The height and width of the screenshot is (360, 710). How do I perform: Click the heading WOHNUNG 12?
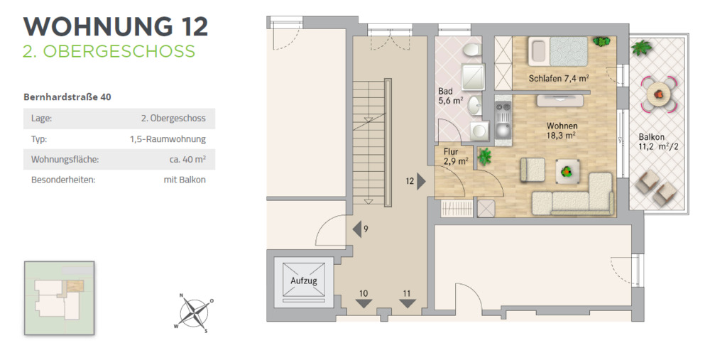click(116, 26)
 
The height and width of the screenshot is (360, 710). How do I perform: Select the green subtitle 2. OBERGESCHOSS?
click(109, 52)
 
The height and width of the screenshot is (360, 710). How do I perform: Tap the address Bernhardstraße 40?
click(67, 97)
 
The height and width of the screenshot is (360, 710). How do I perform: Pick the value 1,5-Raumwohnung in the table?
click(168, 139)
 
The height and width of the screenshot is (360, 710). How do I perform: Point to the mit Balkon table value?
click(185, 180)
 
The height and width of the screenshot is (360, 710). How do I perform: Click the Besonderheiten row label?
click(63, 180)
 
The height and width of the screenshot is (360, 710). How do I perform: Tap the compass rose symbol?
click(193, 312)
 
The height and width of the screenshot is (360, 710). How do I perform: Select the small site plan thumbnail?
click(59, 298)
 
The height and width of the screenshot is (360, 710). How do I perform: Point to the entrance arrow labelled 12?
click(421, 181)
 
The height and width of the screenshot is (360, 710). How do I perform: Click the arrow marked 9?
click(357, 229)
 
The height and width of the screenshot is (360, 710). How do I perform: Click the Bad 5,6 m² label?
click(451, 96)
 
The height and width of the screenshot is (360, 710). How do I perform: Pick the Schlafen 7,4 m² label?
click(559, 78)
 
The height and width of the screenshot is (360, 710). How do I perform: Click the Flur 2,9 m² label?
click(455, 156)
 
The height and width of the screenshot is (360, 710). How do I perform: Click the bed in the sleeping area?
click(559, 52)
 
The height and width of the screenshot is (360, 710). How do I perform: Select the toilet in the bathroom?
click(470, 50)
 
